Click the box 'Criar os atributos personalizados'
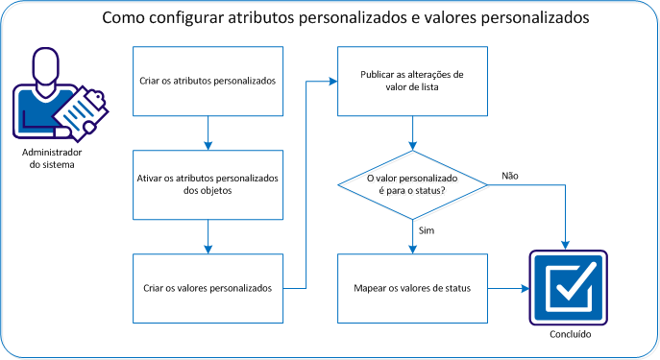coord(208,81)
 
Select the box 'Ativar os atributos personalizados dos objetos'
coord(208,184)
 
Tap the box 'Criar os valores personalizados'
coord(208,288)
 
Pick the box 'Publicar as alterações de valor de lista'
coord(412,81)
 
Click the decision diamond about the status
coord(412,185)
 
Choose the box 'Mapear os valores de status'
coord(412,288)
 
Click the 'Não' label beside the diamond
coord(511,176)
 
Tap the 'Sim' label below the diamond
coord(428,231)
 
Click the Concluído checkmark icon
coord(569,287)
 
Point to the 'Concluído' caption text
coord(569,335)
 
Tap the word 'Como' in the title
coord(122,19)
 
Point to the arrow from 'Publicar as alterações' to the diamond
coord(412,132)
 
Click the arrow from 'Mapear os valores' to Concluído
coord(508,288)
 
